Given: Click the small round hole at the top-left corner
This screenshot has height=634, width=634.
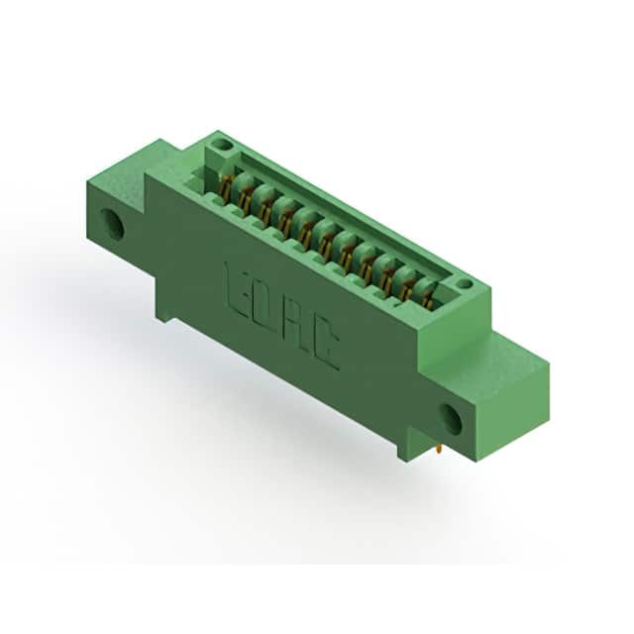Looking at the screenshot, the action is point(220,144).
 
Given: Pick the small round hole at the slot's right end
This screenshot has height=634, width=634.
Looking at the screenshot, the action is point(464,284).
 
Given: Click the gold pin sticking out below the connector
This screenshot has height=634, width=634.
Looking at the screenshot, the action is point(440,450).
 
